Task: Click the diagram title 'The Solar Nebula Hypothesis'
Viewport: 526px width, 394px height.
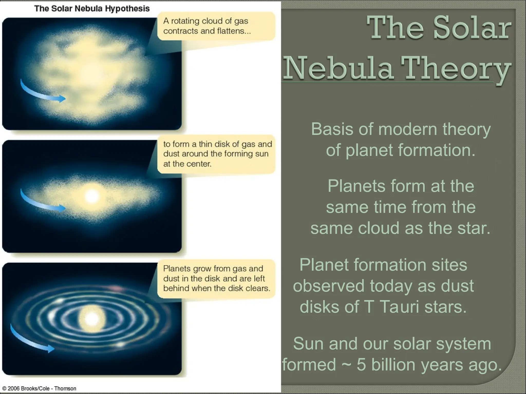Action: coord(92,8)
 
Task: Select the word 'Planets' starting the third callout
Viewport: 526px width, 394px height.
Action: coord(177,269)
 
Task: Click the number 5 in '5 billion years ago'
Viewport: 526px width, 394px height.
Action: coord(361,365)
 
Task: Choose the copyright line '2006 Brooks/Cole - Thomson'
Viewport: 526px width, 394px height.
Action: coord(39,388)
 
